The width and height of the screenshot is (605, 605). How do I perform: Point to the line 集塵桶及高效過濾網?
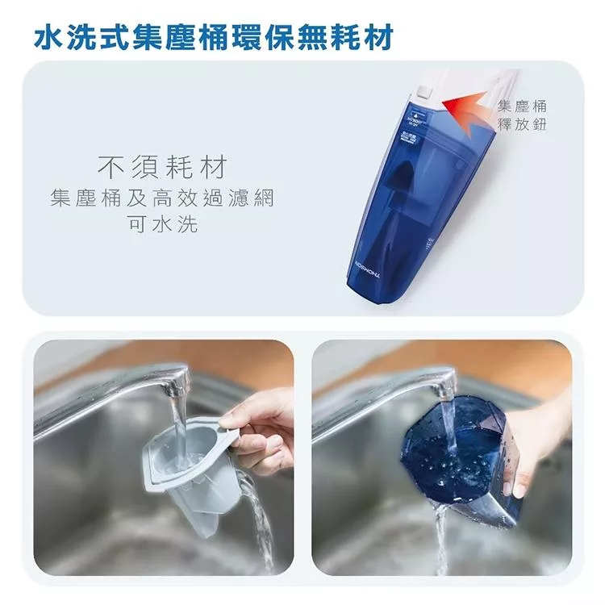tap(162, 198)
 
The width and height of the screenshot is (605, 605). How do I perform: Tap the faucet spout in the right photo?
tap(443, 385)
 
